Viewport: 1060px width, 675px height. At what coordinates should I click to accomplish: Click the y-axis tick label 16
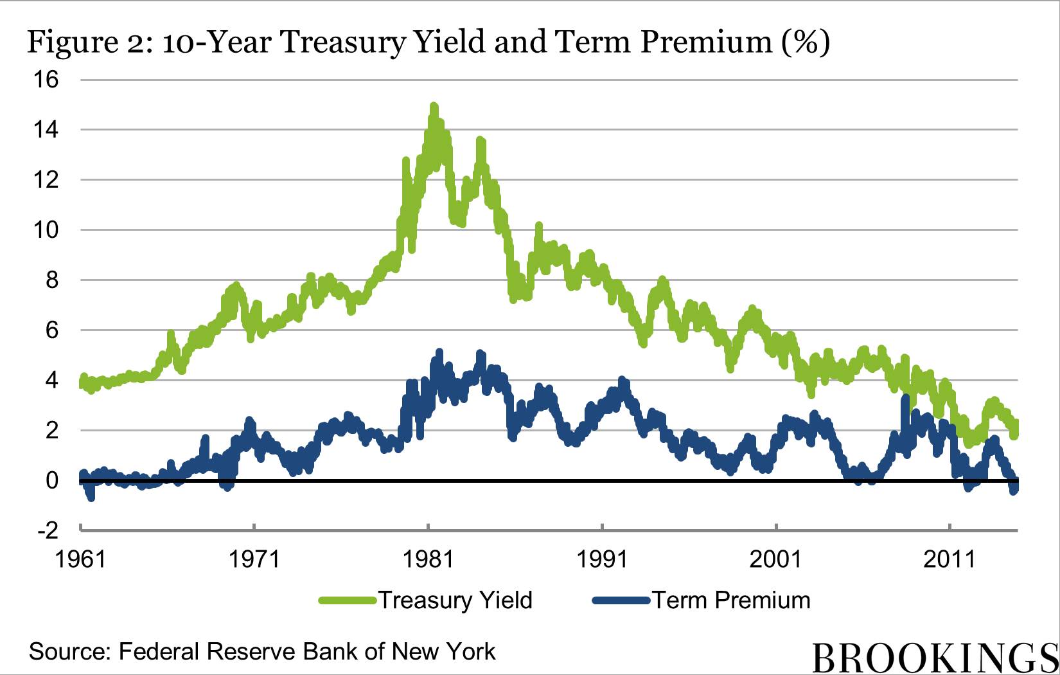[46, 80]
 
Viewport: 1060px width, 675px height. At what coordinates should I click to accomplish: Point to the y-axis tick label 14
[46, 130]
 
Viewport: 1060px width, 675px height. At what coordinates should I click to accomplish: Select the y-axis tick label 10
[46, 230]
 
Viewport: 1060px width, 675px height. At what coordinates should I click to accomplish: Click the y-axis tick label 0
[52, 480]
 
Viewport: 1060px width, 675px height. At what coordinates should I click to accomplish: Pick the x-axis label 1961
[80, 559]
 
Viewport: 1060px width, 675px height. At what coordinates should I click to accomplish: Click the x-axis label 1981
[428, 559]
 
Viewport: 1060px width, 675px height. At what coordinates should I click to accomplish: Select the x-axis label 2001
[775, 559]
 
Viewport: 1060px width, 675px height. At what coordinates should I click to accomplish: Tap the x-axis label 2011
[950, 559]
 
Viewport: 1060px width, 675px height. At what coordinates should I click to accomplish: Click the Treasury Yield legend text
[455, 600]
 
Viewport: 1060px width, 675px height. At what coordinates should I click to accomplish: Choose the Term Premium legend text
[732, 600]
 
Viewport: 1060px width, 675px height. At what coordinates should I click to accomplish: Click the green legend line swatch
[348, 600]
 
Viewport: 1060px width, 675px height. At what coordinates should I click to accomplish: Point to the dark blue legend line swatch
[621, 600]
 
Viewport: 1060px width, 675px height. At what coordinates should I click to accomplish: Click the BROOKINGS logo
[935, 658]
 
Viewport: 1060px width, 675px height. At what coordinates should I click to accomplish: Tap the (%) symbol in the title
[806, 42]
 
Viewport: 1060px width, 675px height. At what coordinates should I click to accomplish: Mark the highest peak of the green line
[434, 107]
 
